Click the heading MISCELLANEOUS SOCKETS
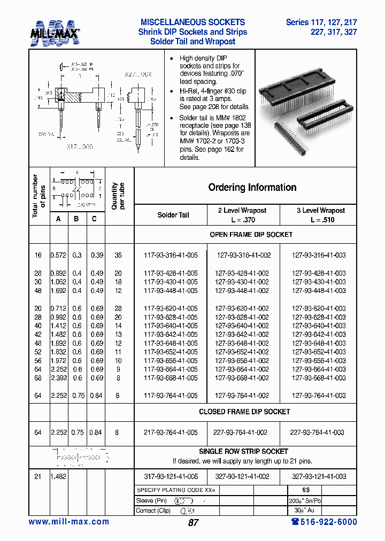click(x=192, y=22)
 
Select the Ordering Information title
click(x=252, y=188)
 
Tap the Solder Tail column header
click(x=173, y=215)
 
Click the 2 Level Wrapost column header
click(x=242, y=215)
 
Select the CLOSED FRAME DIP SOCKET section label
click(x=244, y=412)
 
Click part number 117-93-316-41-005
click(x=171, y=256)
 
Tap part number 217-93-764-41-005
click(x=171, y=432)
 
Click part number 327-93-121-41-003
click(x=319, y=476)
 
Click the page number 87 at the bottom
click(x=193, y=523)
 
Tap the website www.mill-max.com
click(x=68, y=522)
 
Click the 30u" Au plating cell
click(x=304, y=510)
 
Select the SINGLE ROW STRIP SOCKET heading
click(x=243, y=452)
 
